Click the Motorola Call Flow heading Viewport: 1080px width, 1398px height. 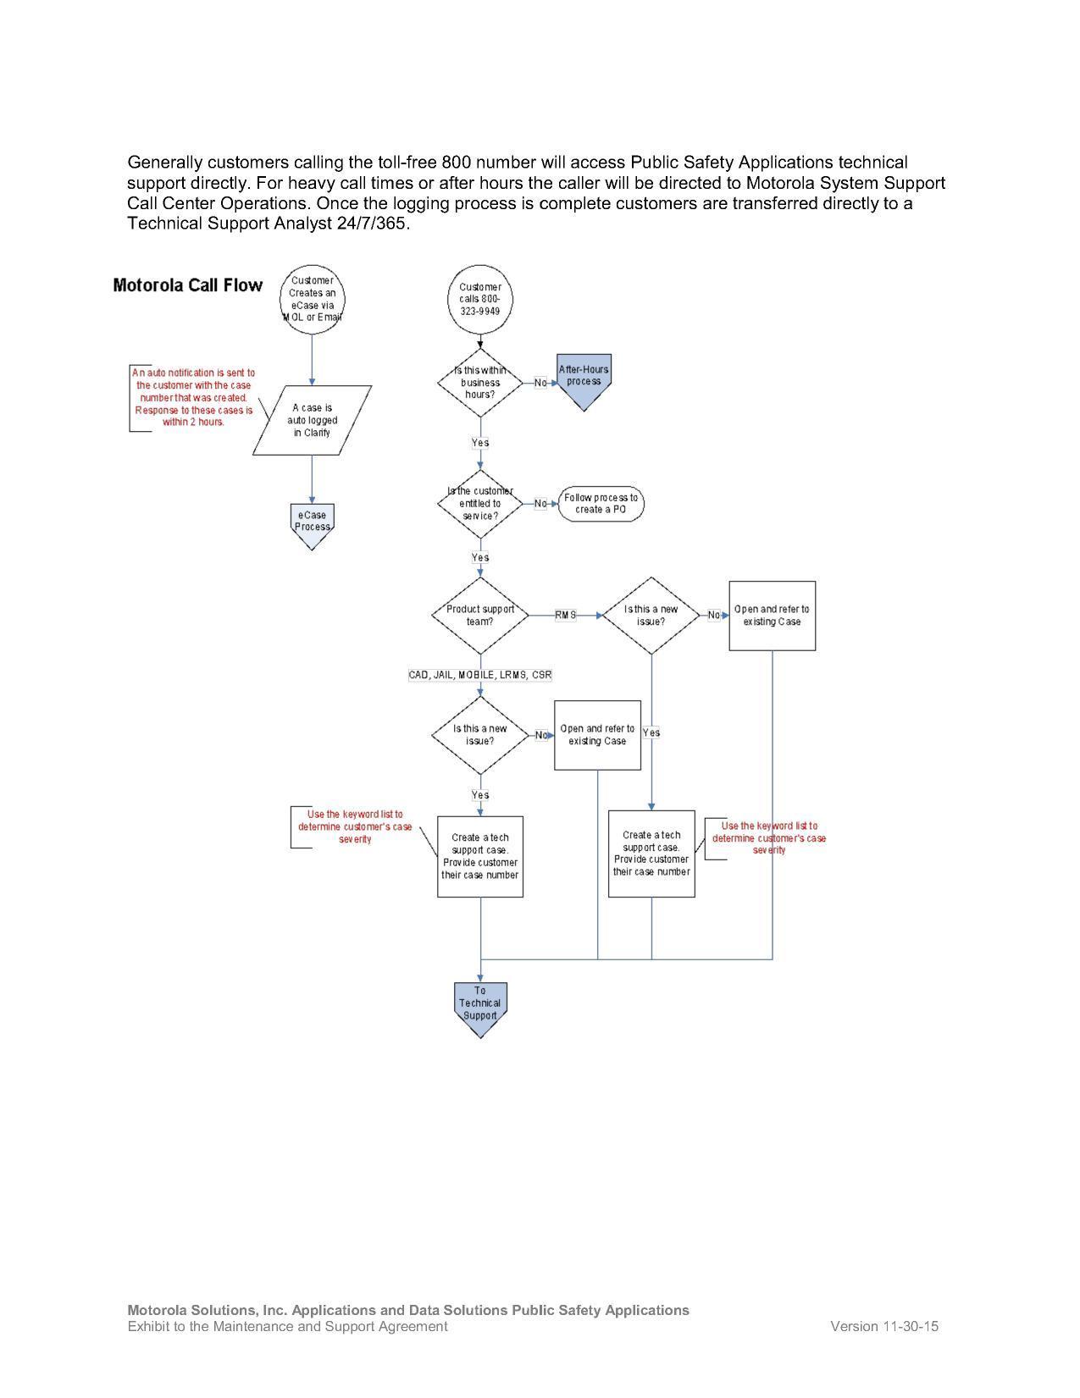[187, 285]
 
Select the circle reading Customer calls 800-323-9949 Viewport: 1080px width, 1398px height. [480, 299]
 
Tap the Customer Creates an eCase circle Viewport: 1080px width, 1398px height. [312, 299]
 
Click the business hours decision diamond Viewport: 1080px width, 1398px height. [480, 383]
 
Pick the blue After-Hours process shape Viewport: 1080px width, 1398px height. [584, 379]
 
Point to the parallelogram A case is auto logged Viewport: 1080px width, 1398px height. [312, 420]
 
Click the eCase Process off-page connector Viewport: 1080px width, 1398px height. [312, 523]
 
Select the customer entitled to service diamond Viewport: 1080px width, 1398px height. [480, 504]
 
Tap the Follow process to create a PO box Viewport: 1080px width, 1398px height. [601, 504]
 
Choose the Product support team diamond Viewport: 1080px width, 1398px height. [480, 616]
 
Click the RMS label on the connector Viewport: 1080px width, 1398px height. [565, 616]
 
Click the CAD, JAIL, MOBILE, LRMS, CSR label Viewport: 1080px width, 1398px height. [480, 675]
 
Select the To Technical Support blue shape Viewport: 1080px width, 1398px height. [480, 1005]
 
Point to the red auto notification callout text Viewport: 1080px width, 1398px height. [194, 397]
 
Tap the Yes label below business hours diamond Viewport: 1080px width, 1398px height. [480, 443]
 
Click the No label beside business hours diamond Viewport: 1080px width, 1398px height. [540, 383]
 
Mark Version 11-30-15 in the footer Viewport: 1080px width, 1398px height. [883, 1326]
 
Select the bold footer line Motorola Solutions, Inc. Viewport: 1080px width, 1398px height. [407, 1310]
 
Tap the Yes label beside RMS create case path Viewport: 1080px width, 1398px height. [651, 732]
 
